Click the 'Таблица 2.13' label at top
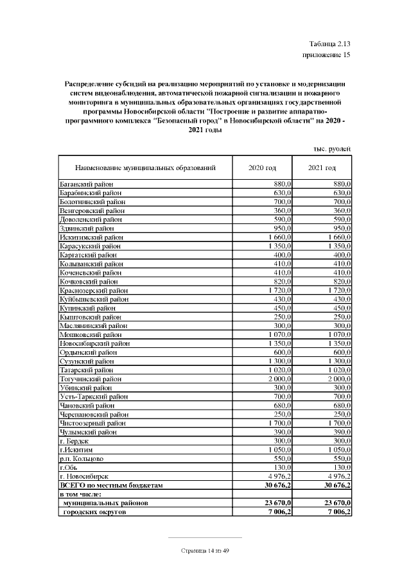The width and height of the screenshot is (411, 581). (329, 44)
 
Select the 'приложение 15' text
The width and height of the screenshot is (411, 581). (326, 55)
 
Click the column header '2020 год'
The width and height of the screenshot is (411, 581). (262, 168)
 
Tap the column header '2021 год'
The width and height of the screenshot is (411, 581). (322, 168)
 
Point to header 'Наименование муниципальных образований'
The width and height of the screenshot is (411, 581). (145, 168)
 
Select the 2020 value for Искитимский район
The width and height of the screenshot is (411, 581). (279, 238)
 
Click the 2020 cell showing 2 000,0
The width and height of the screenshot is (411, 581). (279, 379)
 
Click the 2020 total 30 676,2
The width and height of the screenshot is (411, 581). (277, 486)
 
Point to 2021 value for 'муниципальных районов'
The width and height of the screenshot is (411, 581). (336, 503)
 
